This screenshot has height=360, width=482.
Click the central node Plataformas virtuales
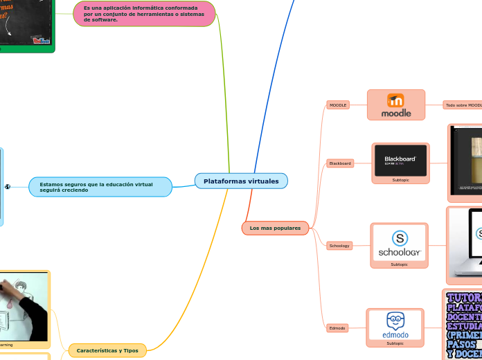(241, 181)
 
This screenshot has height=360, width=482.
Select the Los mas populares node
(275, 228)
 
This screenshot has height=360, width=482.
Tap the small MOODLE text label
(338, 105)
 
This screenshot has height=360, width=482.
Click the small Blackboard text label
(340, 163)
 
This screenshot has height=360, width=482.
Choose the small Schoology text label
(339, 246)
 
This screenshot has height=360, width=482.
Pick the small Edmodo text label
(337, 327)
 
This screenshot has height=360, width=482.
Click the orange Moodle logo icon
(396, 100)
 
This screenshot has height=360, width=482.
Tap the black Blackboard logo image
(400, 160)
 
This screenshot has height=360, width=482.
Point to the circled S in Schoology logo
(400, 238)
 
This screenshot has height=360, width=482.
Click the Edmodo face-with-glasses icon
(395, 321)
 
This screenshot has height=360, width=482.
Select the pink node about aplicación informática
(144, 14)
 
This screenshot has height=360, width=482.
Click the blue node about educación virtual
(100, 187)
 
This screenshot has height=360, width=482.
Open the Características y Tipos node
(107, 351)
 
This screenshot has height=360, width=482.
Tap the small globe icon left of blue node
(7, 187)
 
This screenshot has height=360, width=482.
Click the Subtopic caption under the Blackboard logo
(400, 180)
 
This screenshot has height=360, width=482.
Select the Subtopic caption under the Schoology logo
(400, 264)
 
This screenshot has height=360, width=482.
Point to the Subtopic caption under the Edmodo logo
(395, 343)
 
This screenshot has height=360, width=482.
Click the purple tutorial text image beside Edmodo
(463, 325)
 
